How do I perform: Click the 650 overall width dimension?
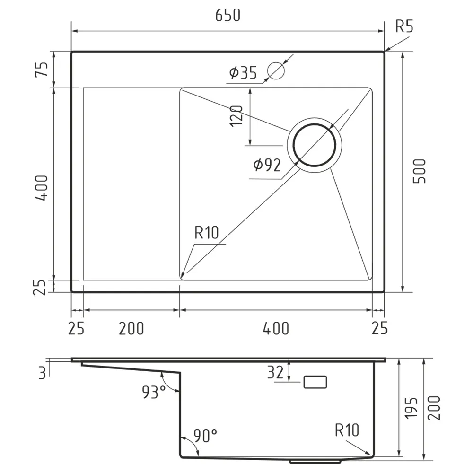click(228, 15)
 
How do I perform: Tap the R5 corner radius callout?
click(404, 26)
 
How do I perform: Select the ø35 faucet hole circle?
click(276, 70)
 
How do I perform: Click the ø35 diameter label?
click(243, 72)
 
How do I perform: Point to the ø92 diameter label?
click(267, 165)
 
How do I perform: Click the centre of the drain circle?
click(315, 145)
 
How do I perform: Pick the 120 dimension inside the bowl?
click(236, 116)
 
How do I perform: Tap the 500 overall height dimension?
click(419, 171)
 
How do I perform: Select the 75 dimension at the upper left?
click(41, 70)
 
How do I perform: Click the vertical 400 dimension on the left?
click(41, 188)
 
